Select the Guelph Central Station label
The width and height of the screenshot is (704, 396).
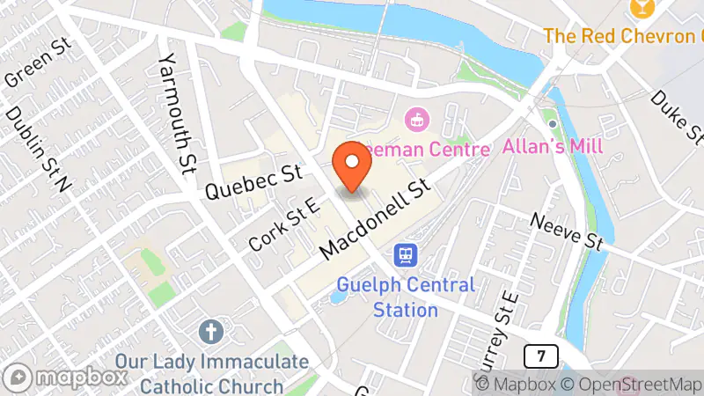point(406,297)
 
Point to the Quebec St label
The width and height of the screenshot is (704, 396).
point(253,179)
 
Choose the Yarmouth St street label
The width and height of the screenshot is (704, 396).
point(176,113)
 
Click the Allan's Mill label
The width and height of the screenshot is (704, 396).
point(553,146)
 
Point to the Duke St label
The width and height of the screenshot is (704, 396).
point(678,117)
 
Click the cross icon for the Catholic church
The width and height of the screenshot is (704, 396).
point(210,332)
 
